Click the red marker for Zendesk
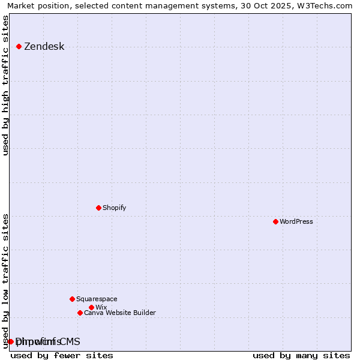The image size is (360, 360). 19,46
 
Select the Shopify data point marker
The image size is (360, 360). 98,208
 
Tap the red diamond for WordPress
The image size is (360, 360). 275,221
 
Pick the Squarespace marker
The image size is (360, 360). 72,299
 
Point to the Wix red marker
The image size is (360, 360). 91,307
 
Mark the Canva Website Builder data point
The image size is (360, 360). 80,313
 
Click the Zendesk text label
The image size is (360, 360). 44,47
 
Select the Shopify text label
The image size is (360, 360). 115,208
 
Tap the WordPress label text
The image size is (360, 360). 296,222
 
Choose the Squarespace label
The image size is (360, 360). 97,299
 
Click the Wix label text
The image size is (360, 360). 101,308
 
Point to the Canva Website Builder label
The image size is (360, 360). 120,313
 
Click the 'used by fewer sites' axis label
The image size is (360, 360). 62,356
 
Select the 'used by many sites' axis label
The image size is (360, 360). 301,356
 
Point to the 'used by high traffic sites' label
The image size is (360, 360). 6,86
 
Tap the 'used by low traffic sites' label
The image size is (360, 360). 6,281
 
